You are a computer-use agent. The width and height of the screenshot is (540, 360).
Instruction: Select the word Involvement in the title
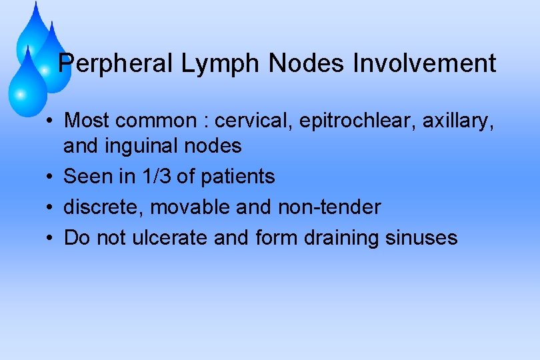pyautogui.click(x=424, y=64)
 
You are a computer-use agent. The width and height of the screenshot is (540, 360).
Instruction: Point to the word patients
pyautogui.click(x=242, y=177)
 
